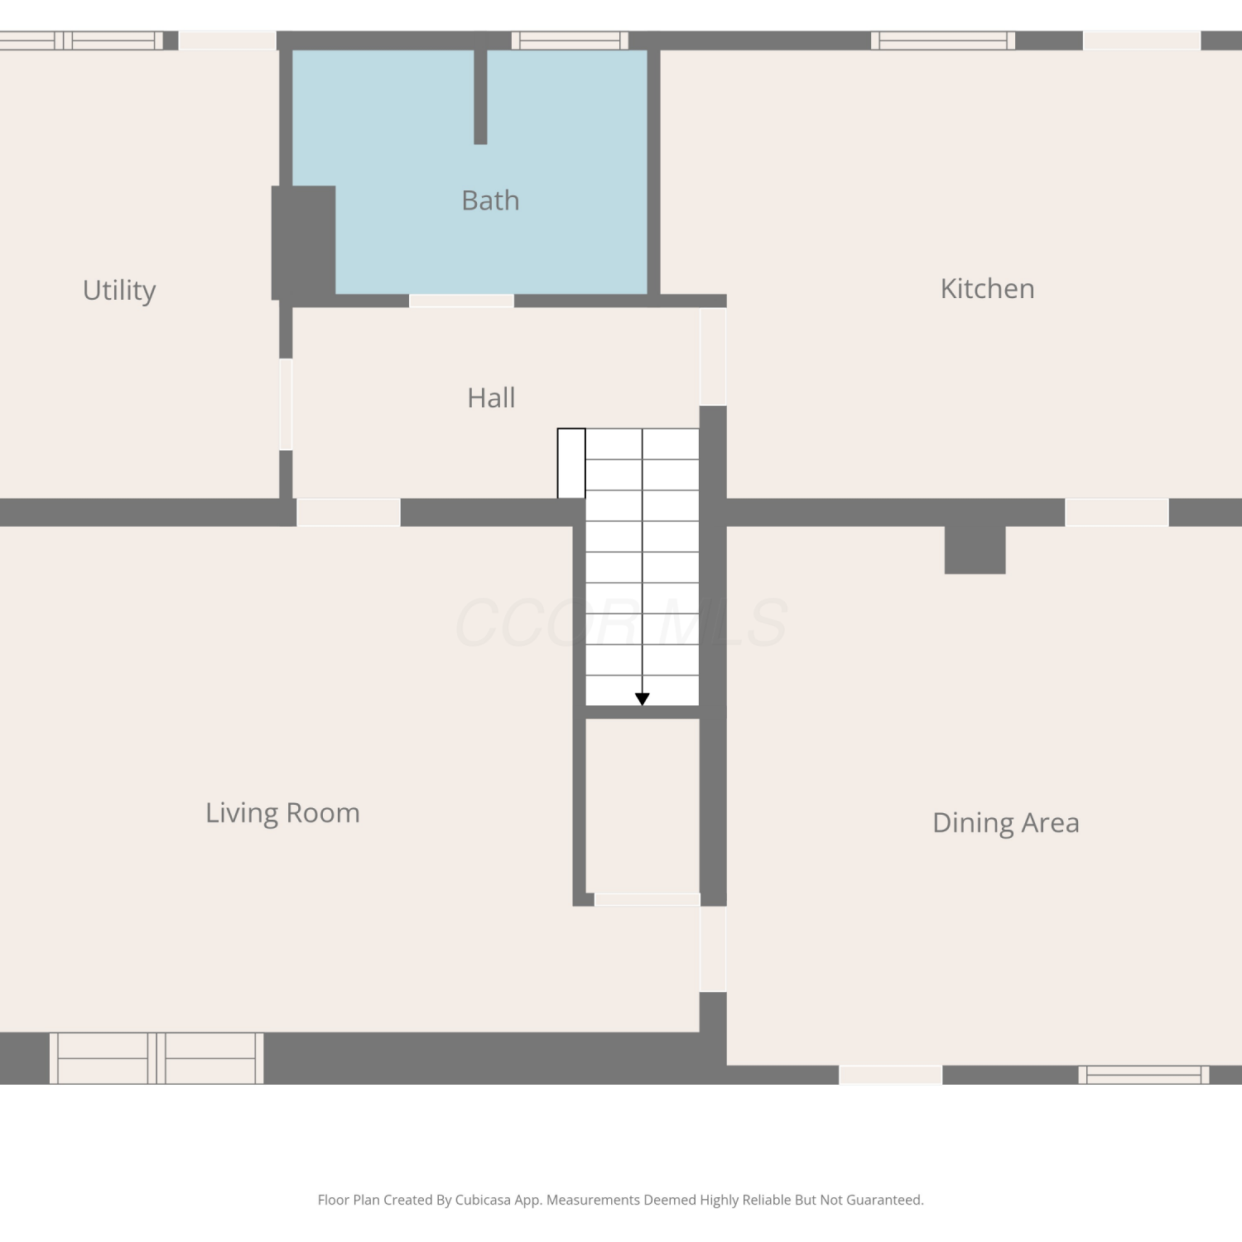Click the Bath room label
click(x=490, y=200)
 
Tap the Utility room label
click(x=119, y=291)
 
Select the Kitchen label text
click(x=987, y=288)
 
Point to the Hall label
click(x=491, y=397)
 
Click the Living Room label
click(x=282, y=813)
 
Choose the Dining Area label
click(x=1005, y=823)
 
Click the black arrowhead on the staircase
click(x=642, y=700)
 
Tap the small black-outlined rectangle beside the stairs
click(x=571, y=464)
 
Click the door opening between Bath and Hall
click(x=461, y=301)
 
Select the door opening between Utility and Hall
click(x=286, y=404)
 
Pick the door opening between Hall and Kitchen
click(x=713, y=357)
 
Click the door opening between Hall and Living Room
click(x=349, y=513)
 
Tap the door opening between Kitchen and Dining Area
click(x=1116, y=513)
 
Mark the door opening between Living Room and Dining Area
click(x=713, y=949)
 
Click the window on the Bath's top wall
click(x=570, y=41)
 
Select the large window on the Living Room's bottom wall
click(x=156, y=1058)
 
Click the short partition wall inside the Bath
click(x=480, y=97)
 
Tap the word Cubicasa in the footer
click(x=483, y=1200)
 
